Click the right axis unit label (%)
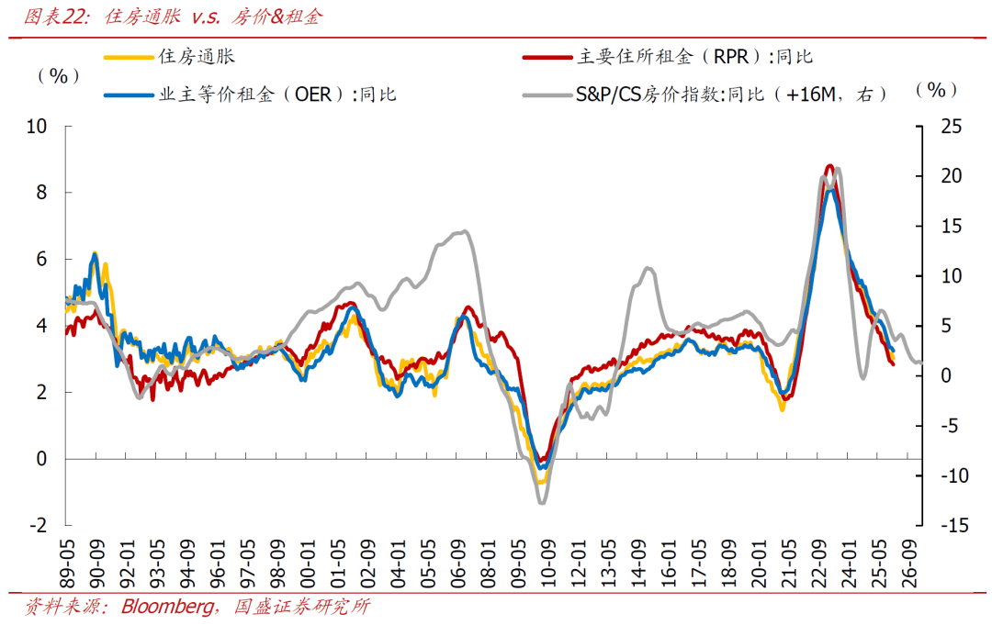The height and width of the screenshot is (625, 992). pyautogui.click(x=936, y=89)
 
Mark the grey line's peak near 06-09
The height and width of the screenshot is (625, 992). pyautogui.click(x=466, y=231)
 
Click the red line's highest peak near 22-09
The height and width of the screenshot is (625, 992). pyautogui.click(x=829, y=166)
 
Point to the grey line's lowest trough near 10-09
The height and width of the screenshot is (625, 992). pyautogui.click(x=542, y=502)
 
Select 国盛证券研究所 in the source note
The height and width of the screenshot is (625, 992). pyautogui.click(x=302, y=608)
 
